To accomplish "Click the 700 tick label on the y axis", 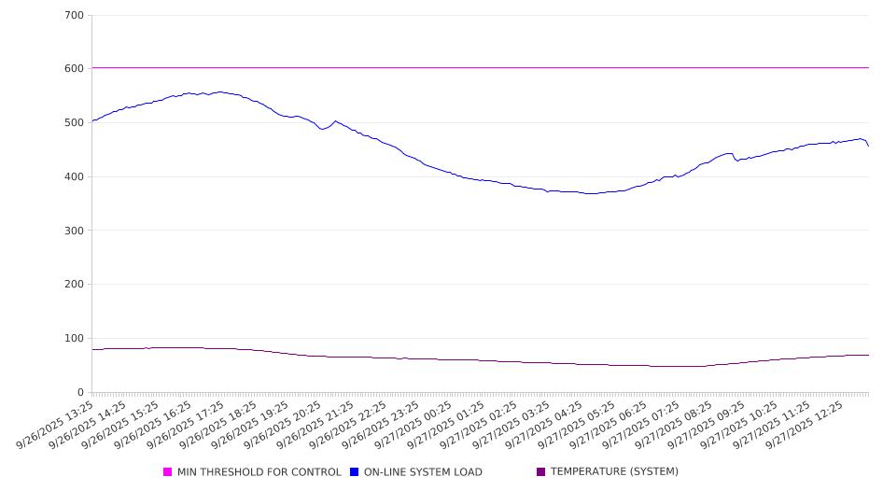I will click(75, 15).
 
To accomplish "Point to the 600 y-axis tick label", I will click(75, 69).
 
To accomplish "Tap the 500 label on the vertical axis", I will click(75, 123).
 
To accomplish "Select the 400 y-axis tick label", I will click(75, 177).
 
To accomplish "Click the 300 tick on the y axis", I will click(75, 231).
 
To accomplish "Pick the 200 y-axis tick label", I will click(75, 285).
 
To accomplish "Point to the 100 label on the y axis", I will click(75, 339).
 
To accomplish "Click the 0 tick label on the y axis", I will click(81, 392).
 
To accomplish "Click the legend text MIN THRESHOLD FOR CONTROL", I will click(259, 472).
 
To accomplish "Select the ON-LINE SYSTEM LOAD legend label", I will click(423, 472).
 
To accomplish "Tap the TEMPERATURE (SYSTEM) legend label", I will click(614, 472).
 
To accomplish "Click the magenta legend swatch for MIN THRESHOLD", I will click(168, 472).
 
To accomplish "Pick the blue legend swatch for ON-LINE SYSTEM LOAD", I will click(355, 472).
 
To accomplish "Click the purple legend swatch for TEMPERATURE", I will click(541, 472).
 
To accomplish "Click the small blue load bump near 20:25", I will click(336, 121).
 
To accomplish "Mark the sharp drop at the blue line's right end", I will click(867, 144).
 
